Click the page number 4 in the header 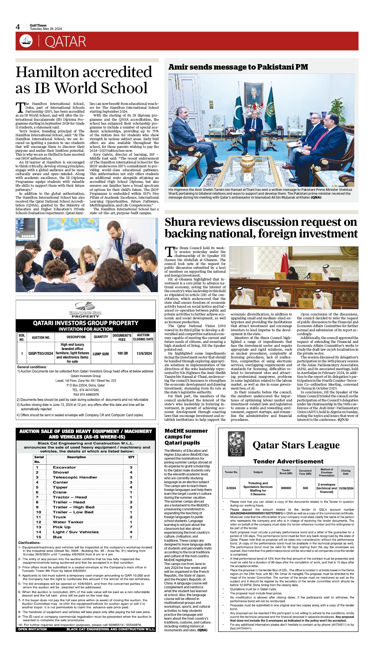pos(18,27)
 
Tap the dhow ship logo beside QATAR pos(26,41)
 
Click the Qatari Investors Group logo pos(85,309)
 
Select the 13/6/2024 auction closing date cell pos(144,353)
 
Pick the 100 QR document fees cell pos(122,353)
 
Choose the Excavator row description pos(64,467)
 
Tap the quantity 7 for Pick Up pos(131,527)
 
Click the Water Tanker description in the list pos(68,522)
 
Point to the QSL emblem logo pos(236,444)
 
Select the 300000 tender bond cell pos(286,488)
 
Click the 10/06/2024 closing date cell pos(346,488)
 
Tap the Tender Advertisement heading pos(288,462)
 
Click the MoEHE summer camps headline pos(186,437)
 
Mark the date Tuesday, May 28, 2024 pos(46,29)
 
